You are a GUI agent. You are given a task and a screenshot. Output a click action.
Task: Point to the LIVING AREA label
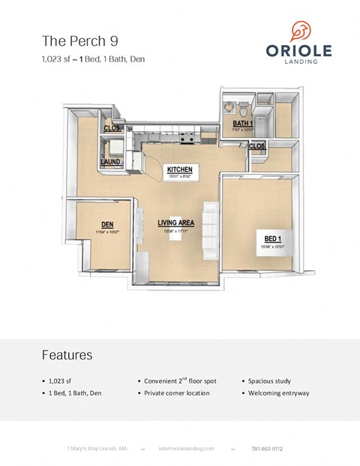(x=175, y=222)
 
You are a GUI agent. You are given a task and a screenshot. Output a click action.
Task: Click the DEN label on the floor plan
(x=107, y=224)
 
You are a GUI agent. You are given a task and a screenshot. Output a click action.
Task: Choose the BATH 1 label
(x=242, y=123)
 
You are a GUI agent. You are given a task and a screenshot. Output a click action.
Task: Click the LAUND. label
(x=112, y=161)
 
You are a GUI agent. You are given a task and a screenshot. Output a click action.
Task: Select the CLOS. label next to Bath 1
(x=256, y=146)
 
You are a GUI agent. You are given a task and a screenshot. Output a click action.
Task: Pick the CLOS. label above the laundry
(x=112, y=128)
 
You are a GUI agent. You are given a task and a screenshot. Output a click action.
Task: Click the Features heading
(x=67, y=354)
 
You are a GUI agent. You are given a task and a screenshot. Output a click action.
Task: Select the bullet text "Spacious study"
(x=269, y=381)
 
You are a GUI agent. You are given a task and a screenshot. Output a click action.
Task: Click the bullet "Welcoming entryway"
(x=277, y=393)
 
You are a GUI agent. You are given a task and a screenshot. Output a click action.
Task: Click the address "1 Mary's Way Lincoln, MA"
(x=97, y=449)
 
